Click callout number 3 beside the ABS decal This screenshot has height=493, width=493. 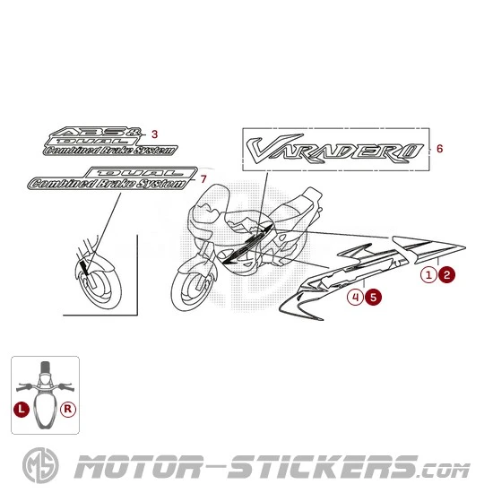(x=154, y=134)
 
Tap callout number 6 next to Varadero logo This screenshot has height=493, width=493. (x=439, y=149)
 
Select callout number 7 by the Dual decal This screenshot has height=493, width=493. (x=203, y=179)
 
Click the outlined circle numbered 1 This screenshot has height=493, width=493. (x=428, y=275)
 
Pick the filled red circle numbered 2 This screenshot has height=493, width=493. (x=446, y=275)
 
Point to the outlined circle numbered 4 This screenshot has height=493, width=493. (x=355, y=297)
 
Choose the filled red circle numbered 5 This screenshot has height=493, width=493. (x=373, y=297)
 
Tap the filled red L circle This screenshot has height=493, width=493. (x=22, y=410)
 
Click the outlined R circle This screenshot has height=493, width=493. (x=68, y=410)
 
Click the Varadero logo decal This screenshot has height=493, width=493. (x=335, y=150)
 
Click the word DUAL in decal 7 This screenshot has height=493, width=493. (x=141, y=173)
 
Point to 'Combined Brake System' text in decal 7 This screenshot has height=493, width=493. (x=108, y=184)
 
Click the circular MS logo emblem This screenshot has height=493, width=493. (x=40, y=465)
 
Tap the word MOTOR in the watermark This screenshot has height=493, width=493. (x=138, y=467)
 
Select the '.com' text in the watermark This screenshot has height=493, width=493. (x=445, y=471)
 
